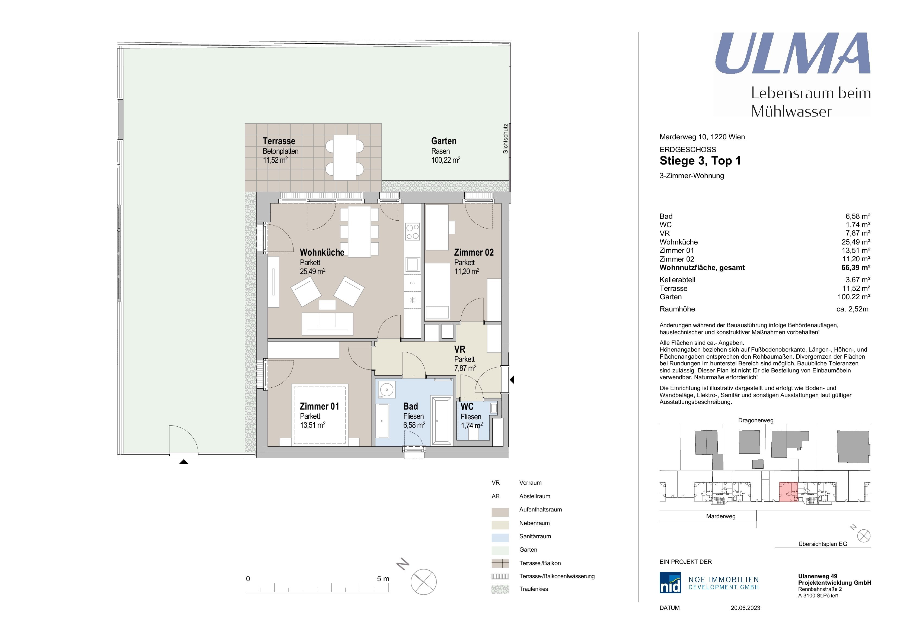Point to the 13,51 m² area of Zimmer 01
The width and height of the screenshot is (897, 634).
[312, 425]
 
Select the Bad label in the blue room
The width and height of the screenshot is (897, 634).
[411, 406]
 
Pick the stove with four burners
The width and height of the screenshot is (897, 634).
[412, 231]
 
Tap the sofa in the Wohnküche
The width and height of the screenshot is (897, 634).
[327, 324]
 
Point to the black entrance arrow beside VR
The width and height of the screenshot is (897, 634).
[512, 379]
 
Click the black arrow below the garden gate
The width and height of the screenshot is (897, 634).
[184, 461]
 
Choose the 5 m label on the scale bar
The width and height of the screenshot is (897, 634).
[383, 578]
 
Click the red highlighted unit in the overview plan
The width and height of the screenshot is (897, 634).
[788, 492]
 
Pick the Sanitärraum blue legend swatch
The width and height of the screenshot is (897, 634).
[500, 538]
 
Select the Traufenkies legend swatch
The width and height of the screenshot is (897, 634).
[500, 589]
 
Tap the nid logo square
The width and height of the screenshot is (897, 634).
[670, 582]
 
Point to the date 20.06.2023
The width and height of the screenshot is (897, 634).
[745, 608]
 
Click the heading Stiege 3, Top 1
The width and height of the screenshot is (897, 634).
[700, 161]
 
